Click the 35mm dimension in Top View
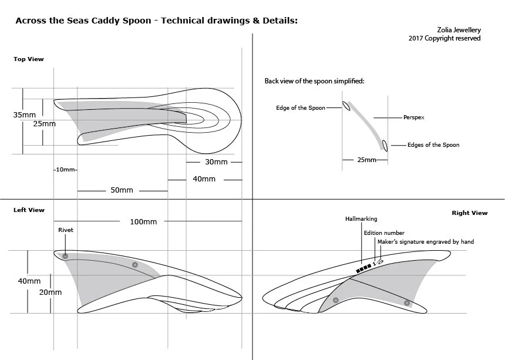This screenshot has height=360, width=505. coord(25,115)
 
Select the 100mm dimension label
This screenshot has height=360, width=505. coord(143,221)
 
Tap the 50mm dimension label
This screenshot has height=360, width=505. coord(122,190)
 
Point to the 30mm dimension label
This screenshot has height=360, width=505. coord(216,162)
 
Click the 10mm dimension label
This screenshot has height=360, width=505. coord(65,170)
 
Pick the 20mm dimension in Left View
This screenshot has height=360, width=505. coord(50,292)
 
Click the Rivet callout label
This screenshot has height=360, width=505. coord(66,230)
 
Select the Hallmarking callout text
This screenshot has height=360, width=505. coord(361,219)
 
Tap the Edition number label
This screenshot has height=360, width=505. coord(384,233)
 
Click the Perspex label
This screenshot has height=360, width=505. coord(414,117)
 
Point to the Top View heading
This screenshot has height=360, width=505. coord(29,59)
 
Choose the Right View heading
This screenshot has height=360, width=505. coord(469,213)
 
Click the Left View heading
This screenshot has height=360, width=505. coord(29,210)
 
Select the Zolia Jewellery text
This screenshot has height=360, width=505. coord(459,29)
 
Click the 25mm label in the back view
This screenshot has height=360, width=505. coord(366,160)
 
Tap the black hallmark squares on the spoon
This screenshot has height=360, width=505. coord(362,268)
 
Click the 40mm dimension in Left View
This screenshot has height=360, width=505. coord(29,281)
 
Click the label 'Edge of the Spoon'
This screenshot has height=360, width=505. coord(301,108)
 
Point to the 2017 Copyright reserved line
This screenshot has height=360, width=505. coord(445,38)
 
